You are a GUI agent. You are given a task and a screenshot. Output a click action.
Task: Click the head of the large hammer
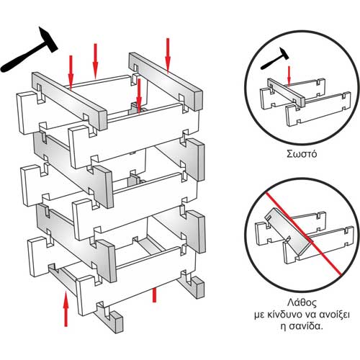[48, 39]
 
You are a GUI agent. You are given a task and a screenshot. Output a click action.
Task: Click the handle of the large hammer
[24, 58]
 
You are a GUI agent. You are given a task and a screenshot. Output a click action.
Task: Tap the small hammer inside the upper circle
[274, 59]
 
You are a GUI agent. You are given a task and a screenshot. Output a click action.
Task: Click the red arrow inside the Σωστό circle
[289, 76]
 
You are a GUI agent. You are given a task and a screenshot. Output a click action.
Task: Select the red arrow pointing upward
[66, 308]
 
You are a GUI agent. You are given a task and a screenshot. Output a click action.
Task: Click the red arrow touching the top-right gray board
[168, 55]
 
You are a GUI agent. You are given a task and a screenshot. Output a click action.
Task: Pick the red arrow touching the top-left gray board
[71, 73]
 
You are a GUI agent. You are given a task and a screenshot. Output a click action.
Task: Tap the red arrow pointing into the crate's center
[139, 96]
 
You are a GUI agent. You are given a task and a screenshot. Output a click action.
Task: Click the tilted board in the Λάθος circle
[288, 231]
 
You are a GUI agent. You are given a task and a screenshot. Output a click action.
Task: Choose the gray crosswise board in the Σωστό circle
[287, 92]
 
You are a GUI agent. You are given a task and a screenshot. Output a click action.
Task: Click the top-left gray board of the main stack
[69, 101]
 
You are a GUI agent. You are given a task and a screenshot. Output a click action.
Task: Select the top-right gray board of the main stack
[166, 81]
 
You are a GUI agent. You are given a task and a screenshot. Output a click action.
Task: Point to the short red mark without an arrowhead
[154, 295]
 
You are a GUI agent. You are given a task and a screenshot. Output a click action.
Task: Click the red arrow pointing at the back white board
[95, 61]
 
